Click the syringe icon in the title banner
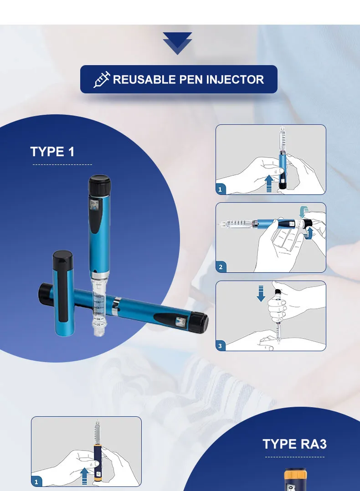tap(102, 80)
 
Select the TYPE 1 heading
tap(52, 152)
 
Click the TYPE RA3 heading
tap(294, 444)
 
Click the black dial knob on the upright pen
tap(99, 186)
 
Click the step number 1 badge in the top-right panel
tap(221, 189)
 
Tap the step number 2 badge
tap(221, 267)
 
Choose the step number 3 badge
tap(221, 346)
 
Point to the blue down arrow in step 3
tap(261, 293)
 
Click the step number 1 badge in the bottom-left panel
tap(36, 481)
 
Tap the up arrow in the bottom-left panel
tap(84, 477)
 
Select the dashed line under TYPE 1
tap(62, 164)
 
